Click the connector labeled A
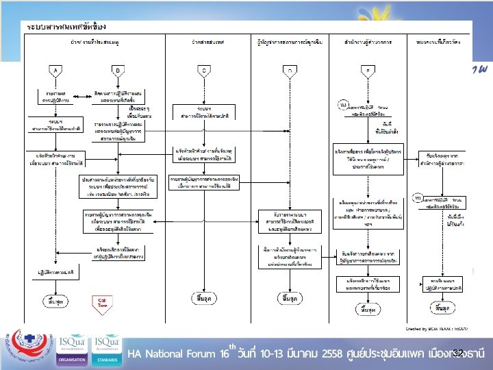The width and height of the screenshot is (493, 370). click(55, 69)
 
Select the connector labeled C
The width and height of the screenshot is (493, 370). click(203, 69)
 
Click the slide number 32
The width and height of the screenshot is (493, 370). click(458, 352)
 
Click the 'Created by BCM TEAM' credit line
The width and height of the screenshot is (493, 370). click(435, 319)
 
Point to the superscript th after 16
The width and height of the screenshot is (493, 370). click(233, 347)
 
